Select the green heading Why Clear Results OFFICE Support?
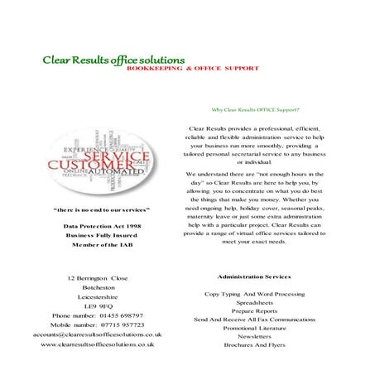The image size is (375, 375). tap(256, 109)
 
